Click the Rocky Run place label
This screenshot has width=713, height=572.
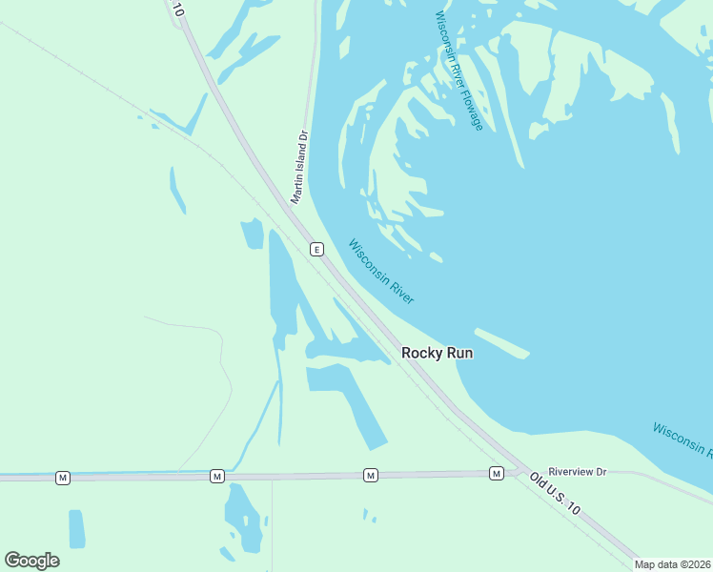point(437,353)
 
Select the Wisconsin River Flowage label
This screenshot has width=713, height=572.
point(458,71)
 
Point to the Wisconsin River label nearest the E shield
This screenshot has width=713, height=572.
point(381,272)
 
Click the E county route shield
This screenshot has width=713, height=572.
point(316,249)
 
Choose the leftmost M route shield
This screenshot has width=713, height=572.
point(62,477)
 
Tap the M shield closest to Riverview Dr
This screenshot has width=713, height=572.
point(496,473)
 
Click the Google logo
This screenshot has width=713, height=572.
point(31,561)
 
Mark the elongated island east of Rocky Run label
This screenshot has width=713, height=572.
point(501,343)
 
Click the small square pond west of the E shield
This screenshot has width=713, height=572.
point(252,234)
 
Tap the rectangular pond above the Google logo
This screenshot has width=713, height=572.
point(76,528)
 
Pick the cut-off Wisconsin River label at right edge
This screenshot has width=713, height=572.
point(682,439)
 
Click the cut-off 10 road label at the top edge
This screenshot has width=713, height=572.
point(176,9)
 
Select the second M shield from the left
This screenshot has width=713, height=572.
point(216,476)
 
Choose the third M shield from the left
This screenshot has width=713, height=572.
point(370,474)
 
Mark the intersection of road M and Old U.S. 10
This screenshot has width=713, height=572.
point(516,471)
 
